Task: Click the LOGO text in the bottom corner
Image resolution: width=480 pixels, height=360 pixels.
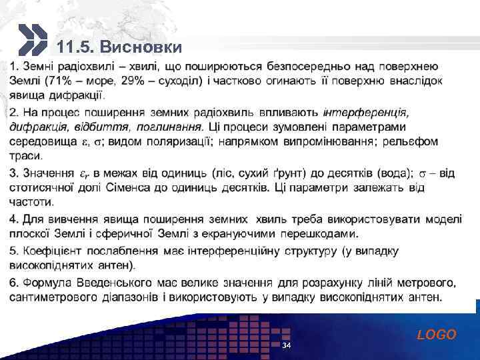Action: click(x=437, y=335)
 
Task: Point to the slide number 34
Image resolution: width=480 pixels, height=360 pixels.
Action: click(x=286, y=346)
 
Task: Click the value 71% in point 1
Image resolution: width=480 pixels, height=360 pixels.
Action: click(x=56, y=81)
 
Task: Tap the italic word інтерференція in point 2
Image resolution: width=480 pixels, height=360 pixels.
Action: click(x=365, y=111)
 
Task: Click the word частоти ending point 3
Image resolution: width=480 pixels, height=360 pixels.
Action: click(x=31, y=203)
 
